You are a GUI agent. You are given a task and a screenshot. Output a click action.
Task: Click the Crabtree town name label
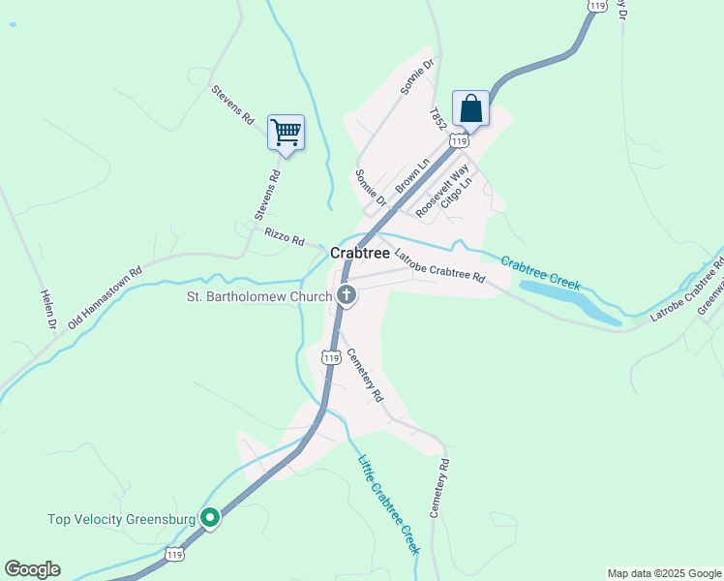360,253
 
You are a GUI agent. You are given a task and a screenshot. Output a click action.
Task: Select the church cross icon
346,295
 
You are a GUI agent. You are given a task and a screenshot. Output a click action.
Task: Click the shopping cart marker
286,132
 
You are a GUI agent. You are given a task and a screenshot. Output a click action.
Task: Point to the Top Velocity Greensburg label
122,519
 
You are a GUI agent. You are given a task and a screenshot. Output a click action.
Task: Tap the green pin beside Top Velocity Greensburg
209,518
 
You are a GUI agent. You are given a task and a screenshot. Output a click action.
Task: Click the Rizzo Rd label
285,236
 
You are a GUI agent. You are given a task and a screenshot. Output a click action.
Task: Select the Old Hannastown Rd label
106,298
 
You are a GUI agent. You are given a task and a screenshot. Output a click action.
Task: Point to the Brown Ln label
411,174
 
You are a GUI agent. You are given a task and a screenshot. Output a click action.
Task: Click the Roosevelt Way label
441,191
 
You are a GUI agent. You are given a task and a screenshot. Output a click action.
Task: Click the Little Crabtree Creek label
389,504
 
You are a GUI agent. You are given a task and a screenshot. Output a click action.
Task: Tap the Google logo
32,569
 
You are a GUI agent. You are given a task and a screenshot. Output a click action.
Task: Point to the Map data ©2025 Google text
664,573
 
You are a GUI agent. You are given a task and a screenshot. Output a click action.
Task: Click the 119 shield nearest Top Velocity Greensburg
174,554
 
